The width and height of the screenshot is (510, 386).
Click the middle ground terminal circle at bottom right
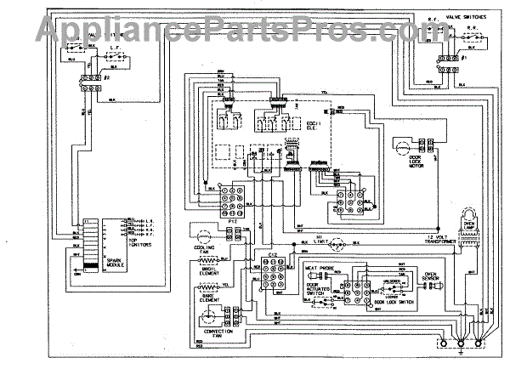(462, 343)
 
